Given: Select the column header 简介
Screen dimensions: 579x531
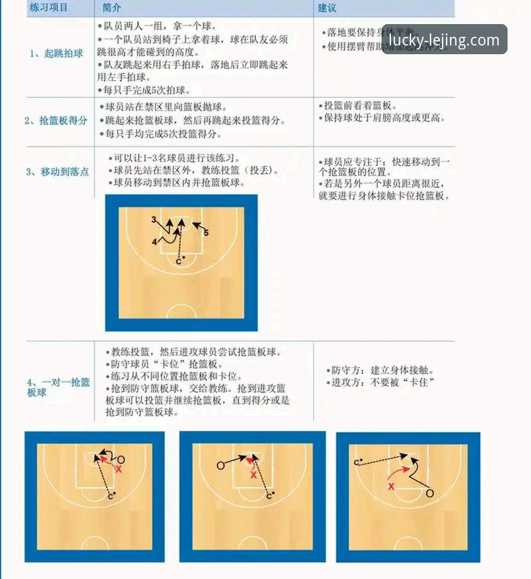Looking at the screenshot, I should click(x=112, y=7).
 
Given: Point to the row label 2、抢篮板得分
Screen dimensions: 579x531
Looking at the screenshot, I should click(x=56, y=120).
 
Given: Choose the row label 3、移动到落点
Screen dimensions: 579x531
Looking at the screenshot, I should click(x=57, y=172).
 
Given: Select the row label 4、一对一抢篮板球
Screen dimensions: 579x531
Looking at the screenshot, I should click(x=58, y=388).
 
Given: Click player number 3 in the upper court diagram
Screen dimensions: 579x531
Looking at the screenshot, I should click(x=154, y=220).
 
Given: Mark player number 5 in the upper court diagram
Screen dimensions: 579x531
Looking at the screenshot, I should click(x=206, y=233).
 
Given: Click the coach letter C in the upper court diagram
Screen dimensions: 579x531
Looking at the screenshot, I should click(x=179, y=261).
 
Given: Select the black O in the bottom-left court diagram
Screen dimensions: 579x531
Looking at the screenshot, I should click(x=121, y=460).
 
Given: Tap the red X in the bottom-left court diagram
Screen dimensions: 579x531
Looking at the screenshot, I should click(x=119, y=470).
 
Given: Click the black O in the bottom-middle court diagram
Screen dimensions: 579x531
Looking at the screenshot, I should click(x=221, y=465).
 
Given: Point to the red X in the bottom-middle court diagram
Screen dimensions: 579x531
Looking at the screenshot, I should click(x=253, y=475).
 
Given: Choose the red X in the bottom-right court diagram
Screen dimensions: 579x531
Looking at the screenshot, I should click(x=391, y=487).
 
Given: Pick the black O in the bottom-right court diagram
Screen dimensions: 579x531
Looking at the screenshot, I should click(x=430, y=493).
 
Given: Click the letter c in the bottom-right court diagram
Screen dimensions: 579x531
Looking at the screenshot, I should click(x=357, y=463).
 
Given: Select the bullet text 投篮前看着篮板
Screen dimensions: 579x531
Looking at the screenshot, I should click(x=360, y=106).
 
